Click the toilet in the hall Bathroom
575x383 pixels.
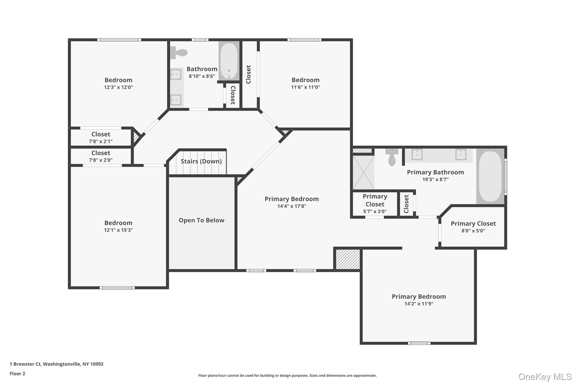coord(179,52)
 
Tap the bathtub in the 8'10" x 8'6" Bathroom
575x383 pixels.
coord(229,61)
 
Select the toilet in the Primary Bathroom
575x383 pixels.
coord(392,158)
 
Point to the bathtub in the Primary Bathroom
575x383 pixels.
coord(490,176)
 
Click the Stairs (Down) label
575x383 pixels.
coord(201,161)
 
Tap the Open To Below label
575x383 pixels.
coord(201,220)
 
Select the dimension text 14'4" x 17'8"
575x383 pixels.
coord(291,206)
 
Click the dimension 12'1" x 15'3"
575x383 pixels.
coord(118,230)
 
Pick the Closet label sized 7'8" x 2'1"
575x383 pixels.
coord(101,134)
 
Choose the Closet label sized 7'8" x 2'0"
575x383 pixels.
coord(101,153)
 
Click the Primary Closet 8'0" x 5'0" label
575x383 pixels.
coord(473,224)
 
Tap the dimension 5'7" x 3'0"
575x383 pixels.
coord(375,212)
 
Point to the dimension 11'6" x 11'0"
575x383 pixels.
coord(305,87)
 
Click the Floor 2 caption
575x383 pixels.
coord(17,373)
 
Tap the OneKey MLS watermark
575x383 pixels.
coord(545,377)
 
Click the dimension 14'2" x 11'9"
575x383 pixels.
coord(419,304)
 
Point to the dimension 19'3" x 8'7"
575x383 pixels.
coord(435,180)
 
